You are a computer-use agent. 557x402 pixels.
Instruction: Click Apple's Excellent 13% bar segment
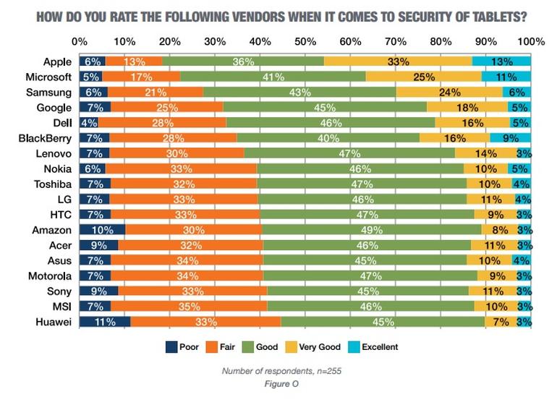tap(501, 62)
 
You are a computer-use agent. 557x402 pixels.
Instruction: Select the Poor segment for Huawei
tap(105, 322)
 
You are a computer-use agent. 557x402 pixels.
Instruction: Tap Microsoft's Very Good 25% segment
tap(423, 77)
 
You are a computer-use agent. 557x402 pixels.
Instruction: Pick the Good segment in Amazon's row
tap(371, 231)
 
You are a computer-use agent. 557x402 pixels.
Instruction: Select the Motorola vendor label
tap(50, 276)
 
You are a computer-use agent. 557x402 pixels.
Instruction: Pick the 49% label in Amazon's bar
tap(371, 231)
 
